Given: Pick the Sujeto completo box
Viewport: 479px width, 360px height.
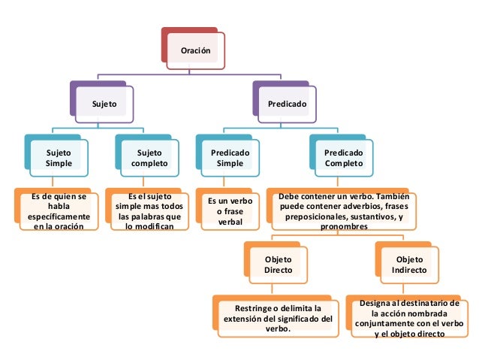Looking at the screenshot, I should tap(149, 157).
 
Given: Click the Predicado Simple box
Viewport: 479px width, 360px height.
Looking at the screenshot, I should tap(230, 157).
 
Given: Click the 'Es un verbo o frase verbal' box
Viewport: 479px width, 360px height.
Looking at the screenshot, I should tap(230, 211).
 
